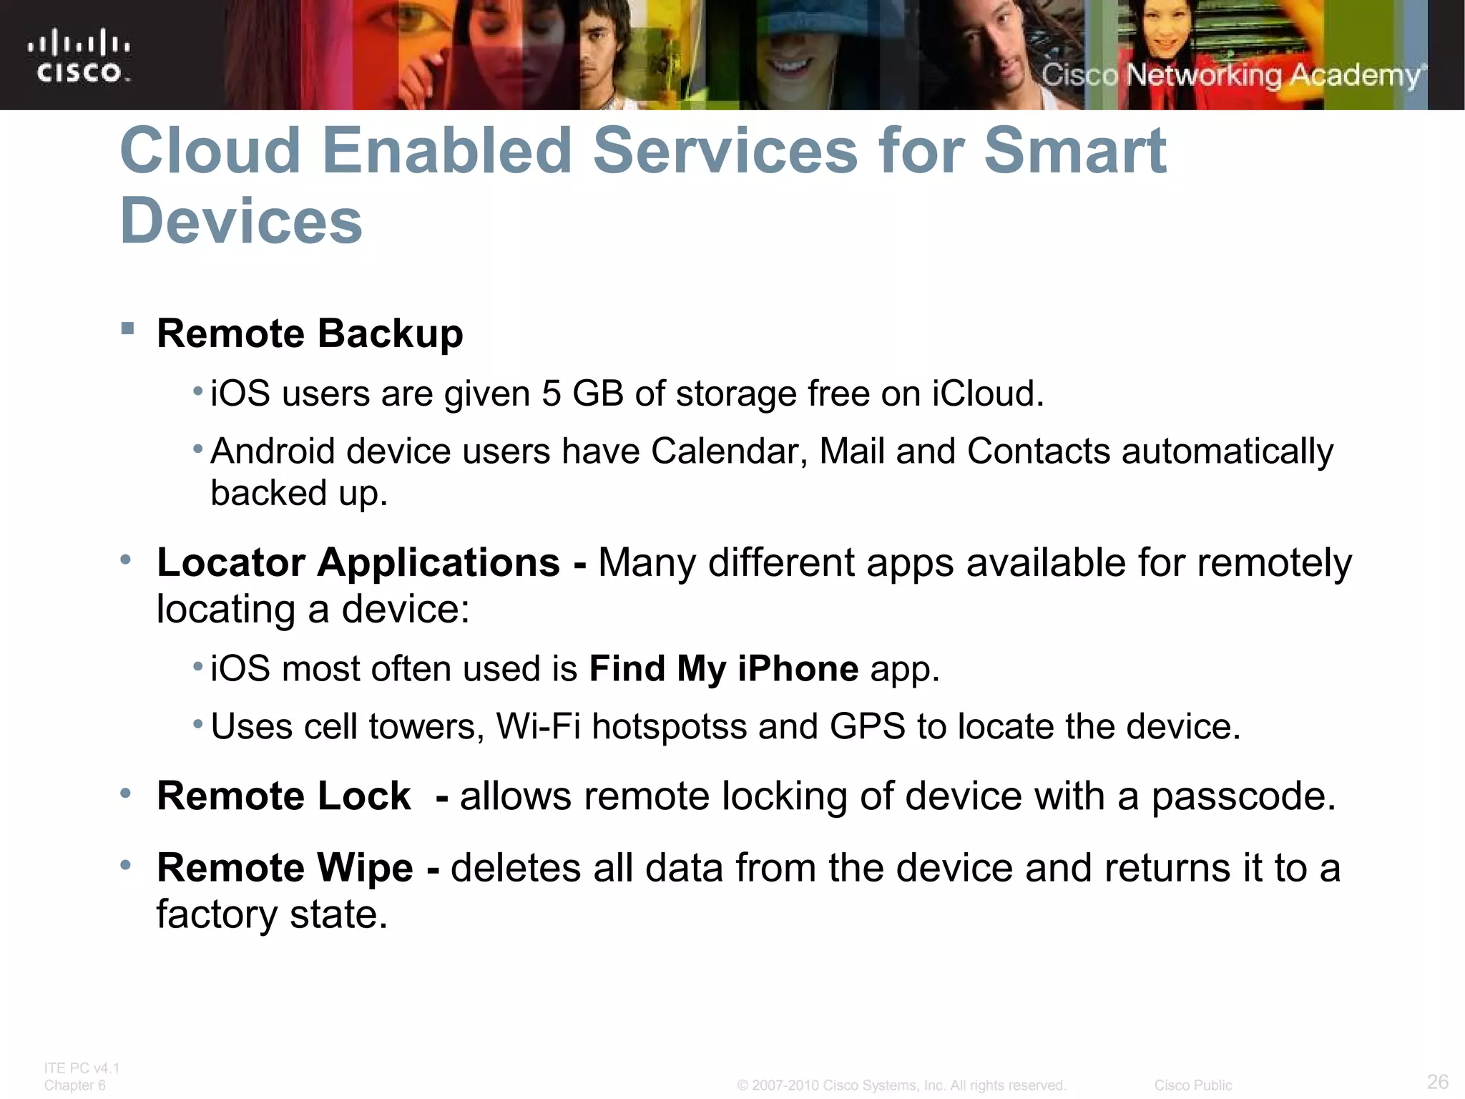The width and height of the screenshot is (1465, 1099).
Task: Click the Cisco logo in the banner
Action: [x=79, y=57]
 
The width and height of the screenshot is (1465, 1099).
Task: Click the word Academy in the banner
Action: [x=1355, y=75]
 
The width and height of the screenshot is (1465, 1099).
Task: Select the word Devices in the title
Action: [x=241, y=220]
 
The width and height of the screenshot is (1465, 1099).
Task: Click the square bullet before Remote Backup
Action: [x=128, y=329]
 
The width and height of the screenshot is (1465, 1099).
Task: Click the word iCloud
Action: [x=986, y=394]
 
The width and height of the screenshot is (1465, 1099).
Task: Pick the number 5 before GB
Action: [x=551, y=394]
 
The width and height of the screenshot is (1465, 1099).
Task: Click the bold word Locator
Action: [x=231, y=562]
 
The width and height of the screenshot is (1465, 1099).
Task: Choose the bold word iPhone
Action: [x=798, y=669]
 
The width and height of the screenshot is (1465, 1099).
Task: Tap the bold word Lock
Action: [x=364, y=796]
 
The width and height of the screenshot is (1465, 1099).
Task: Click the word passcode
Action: [x=1243, y=796]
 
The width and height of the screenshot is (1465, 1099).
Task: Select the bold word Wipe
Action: [x=365, y=868]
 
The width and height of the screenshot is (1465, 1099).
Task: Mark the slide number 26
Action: [x=1438, y=1081]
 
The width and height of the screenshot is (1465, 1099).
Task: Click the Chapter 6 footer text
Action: [x=74, y=1085]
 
